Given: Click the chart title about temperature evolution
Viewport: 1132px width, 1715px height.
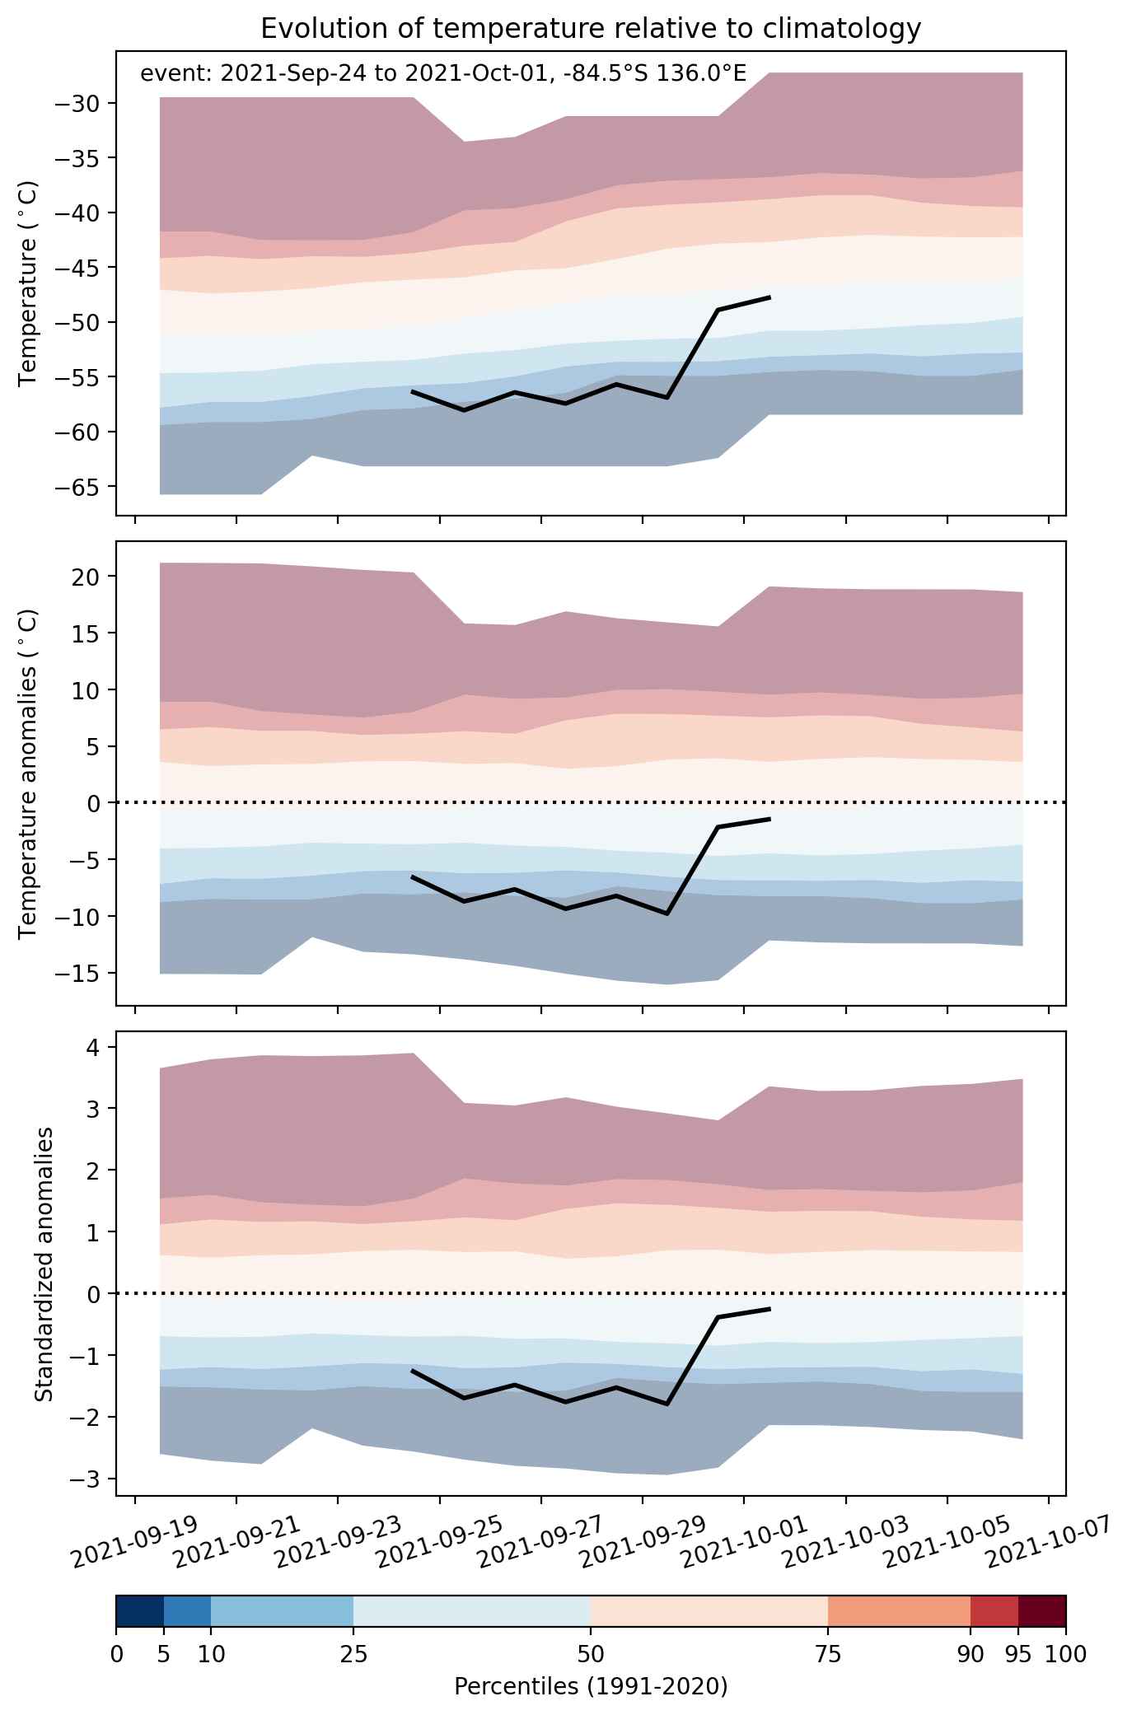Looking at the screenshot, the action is [590, 29].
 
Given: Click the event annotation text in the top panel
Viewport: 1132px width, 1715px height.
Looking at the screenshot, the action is [443, 74].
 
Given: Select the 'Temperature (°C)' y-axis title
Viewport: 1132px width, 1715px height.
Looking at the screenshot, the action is [28, 283].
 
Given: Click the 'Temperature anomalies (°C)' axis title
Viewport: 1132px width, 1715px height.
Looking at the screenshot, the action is [28, 773].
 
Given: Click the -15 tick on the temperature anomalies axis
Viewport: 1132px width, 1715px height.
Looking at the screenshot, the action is [79, 974].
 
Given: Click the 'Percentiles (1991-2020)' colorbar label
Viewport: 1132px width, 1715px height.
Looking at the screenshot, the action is [591, 1687].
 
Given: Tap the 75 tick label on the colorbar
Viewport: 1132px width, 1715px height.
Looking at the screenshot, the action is [828, 1654].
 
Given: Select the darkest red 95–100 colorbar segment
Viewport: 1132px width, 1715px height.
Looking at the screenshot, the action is [1042, 1611].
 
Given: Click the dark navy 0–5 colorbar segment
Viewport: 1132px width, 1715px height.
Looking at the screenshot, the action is [140, 1611].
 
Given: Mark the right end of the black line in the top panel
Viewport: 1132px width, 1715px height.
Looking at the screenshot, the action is [769, 297].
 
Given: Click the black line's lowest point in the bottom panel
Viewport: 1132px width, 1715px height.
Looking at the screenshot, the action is [667, 1404].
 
